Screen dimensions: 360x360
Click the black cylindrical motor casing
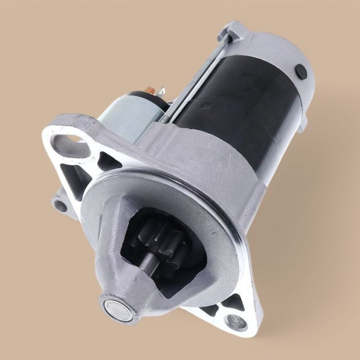pos(242,103)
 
